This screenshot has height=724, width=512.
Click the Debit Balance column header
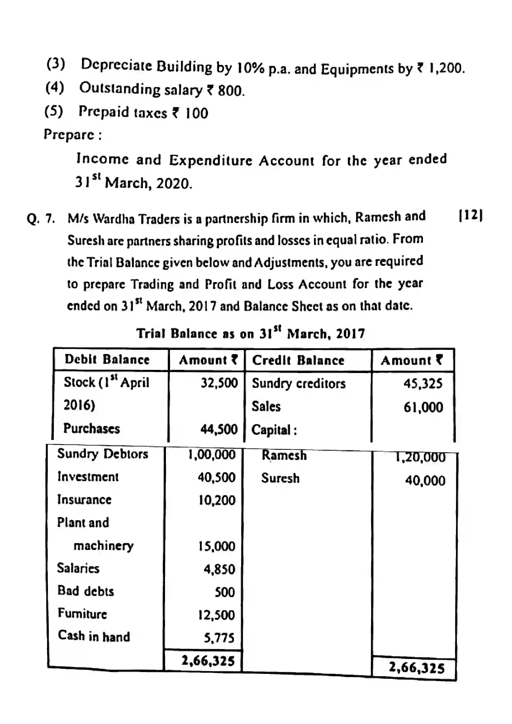(107, 359)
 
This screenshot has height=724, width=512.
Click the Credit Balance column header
(298, 360)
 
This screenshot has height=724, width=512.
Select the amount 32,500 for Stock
(219, 383)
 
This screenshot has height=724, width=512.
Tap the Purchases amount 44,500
(219, 429)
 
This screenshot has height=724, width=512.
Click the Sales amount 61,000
(423, 407)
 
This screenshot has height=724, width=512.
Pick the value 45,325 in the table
(423, 384)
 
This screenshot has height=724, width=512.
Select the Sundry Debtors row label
(102, 454)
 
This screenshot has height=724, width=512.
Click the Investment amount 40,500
(217, 477)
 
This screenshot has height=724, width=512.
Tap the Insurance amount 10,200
(217, 501)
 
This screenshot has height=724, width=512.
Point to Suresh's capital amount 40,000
(425, 481)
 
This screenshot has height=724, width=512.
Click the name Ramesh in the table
(284, 455)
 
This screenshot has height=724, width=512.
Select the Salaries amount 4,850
(219, 569)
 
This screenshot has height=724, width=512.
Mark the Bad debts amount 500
(224, 592)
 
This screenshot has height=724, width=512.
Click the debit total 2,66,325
(208, 661)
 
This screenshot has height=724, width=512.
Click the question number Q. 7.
(41, 218)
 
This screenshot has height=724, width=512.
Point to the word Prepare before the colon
(69, 135)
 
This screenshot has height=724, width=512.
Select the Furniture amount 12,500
(216, 615)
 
